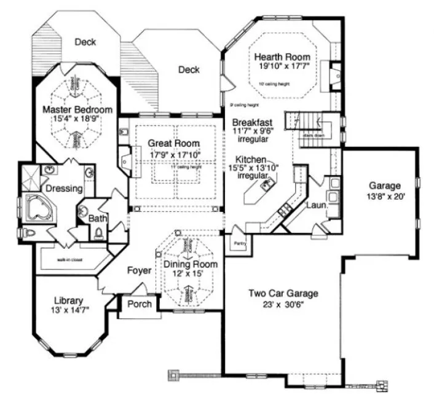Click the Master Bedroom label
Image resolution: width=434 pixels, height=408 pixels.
(x=77, y=109)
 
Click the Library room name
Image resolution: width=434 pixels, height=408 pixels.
(x=68, y=300)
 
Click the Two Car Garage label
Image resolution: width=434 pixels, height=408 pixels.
(x=283, y=293)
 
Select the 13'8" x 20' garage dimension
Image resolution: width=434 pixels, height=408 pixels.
(x=384, y=197)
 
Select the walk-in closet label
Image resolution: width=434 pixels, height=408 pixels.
(x=70, y=259)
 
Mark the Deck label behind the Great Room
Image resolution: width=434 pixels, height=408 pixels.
(x=189, y=69)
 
